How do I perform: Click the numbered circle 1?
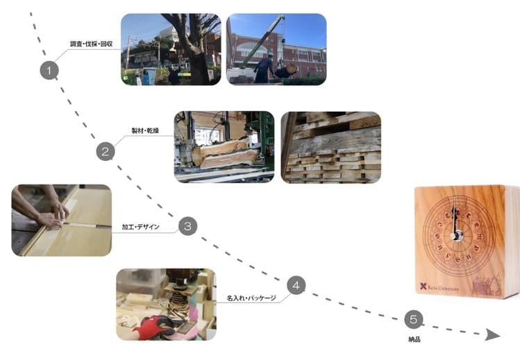click(49, 70)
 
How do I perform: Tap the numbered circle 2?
click(104, 152)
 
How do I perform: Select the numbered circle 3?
click(188, 226)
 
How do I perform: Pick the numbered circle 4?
click(296, 284)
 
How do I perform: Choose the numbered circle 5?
click(413, 320)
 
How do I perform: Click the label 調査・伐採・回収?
click(92, 44)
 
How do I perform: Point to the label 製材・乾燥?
click(145, 130)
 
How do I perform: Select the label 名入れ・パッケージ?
click(251, 298)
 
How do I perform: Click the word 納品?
click(414, 340)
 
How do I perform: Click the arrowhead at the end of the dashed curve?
click(492, 335)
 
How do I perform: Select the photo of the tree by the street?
click(170, 49)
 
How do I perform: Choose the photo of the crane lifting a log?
click(276, 49)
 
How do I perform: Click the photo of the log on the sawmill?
click(224, 147)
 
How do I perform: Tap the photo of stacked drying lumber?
click(330, 147)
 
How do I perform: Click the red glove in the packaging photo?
click(154, 327)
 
